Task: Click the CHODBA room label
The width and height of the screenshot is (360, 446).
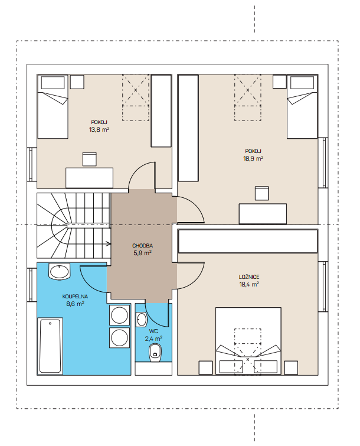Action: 142,246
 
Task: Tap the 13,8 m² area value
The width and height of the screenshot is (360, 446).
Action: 99,130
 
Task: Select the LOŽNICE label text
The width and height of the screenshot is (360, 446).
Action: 249,277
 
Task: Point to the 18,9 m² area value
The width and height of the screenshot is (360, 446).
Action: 253,158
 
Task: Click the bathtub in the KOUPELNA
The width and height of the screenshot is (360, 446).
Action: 50,346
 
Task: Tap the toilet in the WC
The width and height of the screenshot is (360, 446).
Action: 155,353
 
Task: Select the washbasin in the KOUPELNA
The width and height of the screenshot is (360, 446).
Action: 59,271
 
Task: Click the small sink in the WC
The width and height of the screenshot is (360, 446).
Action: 141,320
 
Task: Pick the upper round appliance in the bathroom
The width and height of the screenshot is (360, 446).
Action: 119,315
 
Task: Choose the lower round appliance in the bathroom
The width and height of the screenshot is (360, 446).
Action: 119,337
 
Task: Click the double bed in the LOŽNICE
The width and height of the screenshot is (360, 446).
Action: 248,341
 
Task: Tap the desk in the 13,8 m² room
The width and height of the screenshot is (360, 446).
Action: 90,178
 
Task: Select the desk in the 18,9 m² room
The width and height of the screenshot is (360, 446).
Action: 263,214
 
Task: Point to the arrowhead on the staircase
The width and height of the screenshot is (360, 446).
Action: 109,243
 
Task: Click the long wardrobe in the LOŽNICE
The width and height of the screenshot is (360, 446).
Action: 248,241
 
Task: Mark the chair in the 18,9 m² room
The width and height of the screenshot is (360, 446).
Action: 261,193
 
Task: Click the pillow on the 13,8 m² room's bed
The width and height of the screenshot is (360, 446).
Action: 53,83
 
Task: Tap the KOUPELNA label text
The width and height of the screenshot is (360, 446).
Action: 75,297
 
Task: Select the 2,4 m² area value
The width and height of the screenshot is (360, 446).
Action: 153,338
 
